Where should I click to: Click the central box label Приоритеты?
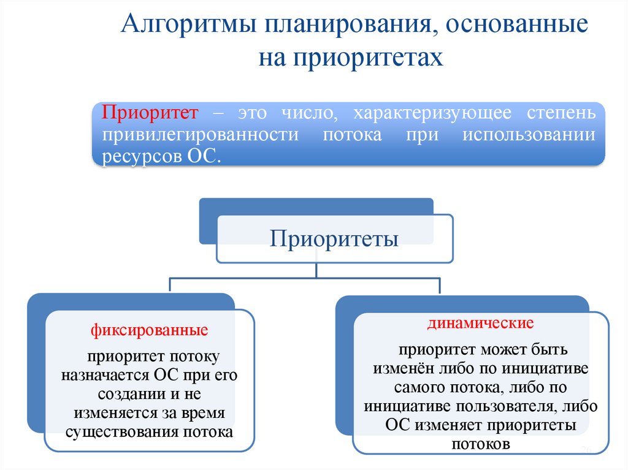[x=335, y=238]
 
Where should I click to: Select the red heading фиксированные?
[x=149, y=330]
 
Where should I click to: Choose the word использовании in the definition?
[x=529, y=135]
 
